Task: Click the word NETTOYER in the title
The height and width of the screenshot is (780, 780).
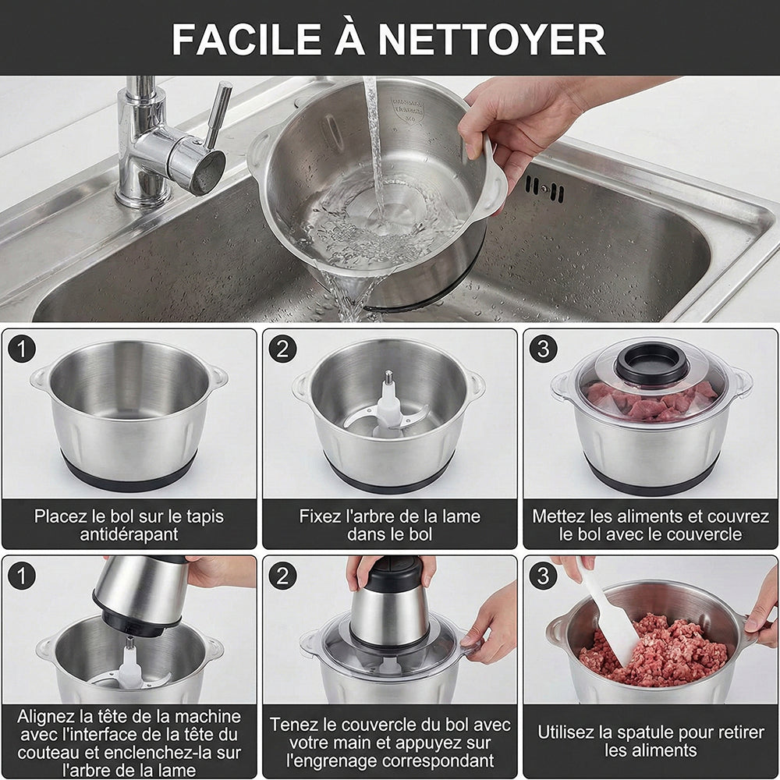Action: (492, 39)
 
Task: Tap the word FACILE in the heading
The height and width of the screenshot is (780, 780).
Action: (246, 39)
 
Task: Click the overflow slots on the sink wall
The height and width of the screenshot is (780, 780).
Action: (545, 189)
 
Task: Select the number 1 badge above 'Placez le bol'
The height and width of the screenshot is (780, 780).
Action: (22, 349)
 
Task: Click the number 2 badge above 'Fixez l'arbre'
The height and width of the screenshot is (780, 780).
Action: (282, 349)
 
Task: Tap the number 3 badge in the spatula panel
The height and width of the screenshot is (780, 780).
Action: (543, 576)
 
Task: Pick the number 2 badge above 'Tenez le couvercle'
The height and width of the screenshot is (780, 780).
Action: (282, 576)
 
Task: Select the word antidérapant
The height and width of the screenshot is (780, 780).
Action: (129, 535)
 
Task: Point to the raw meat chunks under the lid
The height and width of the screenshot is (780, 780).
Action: (651, 401)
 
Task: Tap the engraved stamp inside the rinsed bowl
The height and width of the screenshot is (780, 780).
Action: (407, 109)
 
